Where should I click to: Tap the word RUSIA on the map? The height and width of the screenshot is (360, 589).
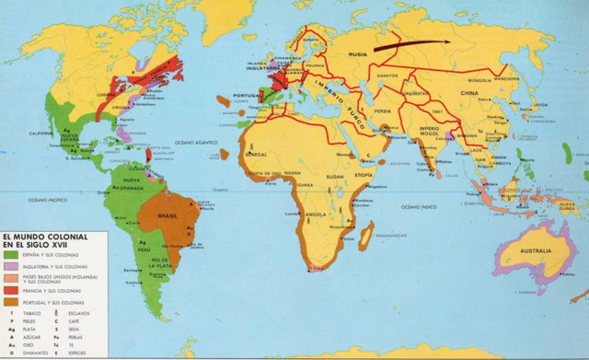357,55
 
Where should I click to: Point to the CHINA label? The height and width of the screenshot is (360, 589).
470,93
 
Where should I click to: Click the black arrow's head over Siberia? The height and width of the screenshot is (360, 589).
445,40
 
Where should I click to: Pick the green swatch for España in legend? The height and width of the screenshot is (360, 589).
16,253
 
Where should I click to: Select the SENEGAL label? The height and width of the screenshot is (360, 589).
259,155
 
